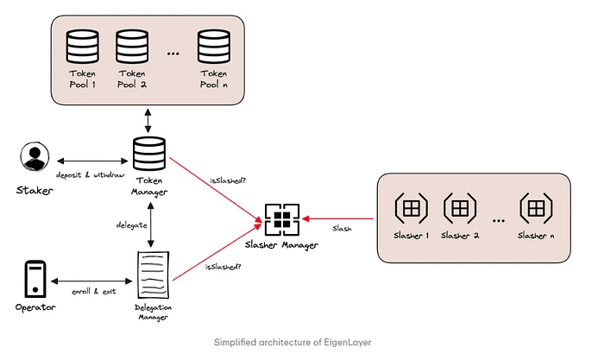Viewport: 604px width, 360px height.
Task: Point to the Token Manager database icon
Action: [x=149, y=154]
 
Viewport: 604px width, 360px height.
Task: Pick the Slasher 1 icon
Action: [x=410, y=209]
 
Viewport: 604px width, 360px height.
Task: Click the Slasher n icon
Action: [x=536, y=209]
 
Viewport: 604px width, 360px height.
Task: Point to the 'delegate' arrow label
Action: [x=132, y=224]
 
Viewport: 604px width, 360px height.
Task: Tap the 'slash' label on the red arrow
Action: [x=342, y=230]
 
